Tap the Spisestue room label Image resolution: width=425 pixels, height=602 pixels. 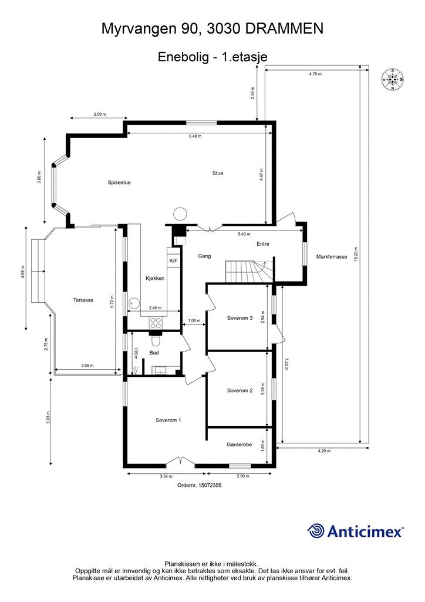pyautogui.click(x=119, y=182)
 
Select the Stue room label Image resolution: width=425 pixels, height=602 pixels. pyautogui.click(x=218, y=173)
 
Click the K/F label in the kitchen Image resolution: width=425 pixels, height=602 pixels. pyautogui.click(x=173, y=260)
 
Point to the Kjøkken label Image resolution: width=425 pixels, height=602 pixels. pyautogui.click(x=155, y=278)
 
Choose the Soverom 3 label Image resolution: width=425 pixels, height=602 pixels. pyautogui.click(x=240, y=319)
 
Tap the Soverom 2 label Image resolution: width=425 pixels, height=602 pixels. pyautogui.click(x=240, y=390)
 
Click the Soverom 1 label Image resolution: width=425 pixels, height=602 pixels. pyautogui.click(x=168, y=420)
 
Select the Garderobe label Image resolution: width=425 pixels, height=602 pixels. pyautogui.click(x=240, y=445)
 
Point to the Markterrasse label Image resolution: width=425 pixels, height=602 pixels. pyautogui.click(x=332, y=257)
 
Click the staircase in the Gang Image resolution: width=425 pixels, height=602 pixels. pyautogui.click(x=247, y=272)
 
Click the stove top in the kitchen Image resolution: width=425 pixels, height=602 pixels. pyautogui.click(x=157, y=322)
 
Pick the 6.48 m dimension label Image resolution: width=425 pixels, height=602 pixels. pyautogui.click(x=195, y=136)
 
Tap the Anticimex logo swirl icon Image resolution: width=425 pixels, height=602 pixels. pyautogui.click(x=316, y=531)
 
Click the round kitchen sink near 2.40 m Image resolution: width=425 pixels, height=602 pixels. pyautogui.click(x=134, y=303)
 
